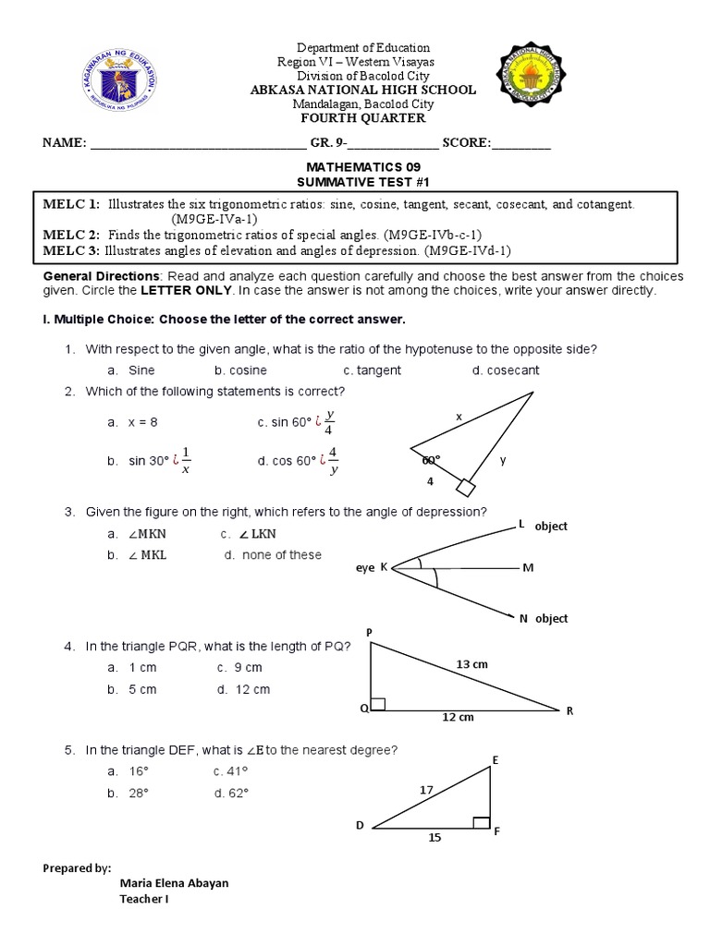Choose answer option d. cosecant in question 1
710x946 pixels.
coord(505,370)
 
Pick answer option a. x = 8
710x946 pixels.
coord(133,422)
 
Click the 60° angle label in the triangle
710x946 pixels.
coord(431,458)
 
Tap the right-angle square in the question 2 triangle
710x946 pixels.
coord(465,487)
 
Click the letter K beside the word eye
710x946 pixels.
coord(383,568)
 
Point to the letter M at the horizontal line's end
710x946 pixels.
coord(528,568)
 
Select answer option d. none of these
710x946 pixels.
coord(273,555)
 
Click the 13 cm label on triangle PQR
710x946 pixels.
coord(472,663)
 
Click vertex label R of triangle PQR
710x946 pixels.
coord(569,711)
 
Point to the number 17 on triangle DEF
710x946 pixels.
coord(425,790)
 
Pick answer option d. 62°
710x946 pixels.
coord(231,793)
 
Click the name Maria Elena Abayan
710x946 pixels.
coord(174,883)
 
